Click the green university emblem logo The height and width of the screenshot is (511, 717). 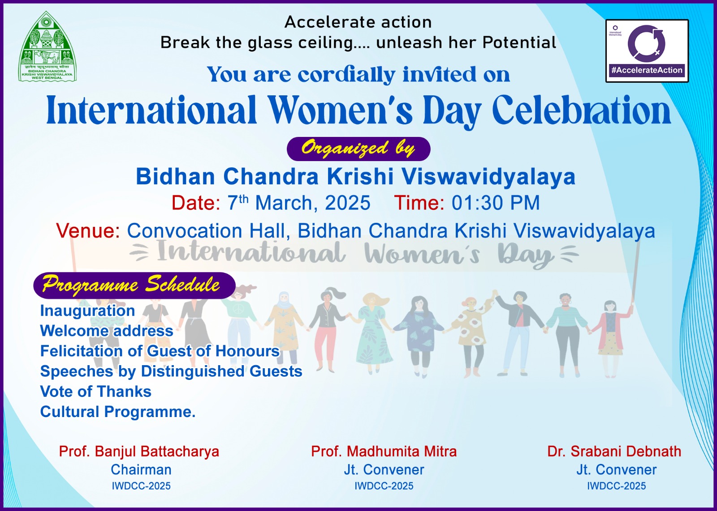coord(48,47)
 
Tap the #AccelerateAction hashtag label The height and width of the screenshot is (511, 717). coord(647,70)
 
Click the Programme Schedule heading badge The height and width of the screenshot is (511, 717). coord(134,285)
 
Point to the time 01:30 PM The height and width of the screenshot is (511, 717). coord(496,203)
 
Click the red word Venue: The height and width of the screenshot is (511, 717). coord(88,230)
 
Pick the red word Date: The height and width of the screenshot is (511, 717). coord(196,203)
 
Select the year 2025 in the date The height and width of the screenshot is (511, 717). coord(348,203)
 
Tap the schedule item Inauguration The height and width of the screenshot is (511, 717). coord(87,311)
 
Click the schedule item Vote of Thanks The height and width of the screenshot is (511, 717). coord(96,392)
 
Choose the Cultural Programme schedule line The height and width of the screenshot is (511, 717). coord(118,412)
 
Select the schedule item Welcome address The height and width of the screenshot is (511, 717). coord(107,331)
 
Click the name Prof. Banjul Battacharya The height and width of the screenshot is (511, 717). coord(139,451)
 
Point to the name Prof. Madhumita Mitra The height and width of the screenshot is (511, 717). coord(384,451)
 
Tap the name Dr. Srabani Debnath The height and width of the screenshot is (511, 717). coord(614,451)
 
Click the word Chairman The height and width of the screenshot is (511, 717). coord(141,470)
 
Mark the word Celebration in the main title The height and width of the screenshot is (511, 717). coord(581,110)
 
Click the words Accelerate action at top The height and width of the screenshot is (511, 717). coord(358,22)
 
